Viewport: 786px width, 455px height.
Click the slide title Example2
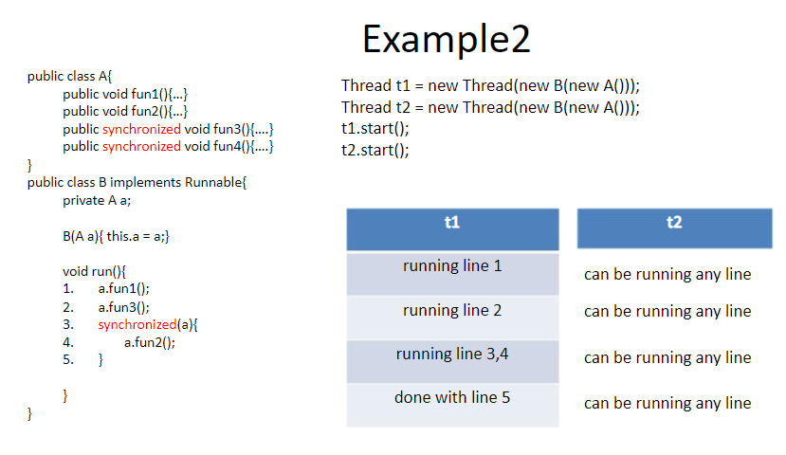click(x=447, y=40)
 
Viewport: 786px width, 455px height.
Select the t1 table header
click(x=452, y=229)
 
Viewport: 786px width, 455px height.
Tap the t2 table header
click(x=674, y=228)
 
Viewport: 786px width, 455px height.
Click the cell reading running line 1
click(x=452, y=274)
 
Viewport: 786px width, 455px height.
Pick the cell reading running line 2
click(x=452, y=318)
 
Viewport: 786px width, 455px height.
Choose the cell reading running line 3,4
click(x=452, y=361)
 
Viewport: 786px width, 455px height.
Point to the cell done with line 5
click(x=452, y=405)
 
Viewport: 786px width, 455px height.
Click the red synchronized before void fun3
click(x=141, y=129)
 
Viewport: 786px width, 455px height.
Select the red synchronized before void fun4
click(x=141, y=146)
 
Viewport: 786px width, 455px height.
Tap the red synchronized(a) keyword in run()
click(x=137, y=325)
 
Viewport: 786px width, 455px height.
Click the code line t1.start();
click(x=375, y=129)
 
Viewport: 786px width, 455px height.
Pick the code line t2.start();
click(x=375, y=151)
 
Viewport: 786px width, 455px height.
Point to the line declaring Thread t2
click(x=490, y=107)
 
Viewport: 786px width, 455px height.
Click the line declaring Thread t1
click(x=490, y=85)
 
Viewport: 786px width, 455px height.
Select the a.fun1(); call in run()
click(x=124, y=288)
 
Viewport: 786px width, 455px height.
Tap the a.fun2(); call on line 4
click(x=150, y=343)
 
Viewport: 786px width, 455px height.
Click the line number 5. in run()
click(x=68, y=360)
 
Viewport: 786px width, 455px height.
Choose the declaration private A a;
click(x=97, y=200)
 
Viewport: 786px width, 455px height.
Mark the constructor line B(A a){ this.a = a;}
click(x=116, y=236)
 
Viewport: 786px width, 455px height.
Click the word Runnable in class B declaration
click(x=213, y=182)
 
